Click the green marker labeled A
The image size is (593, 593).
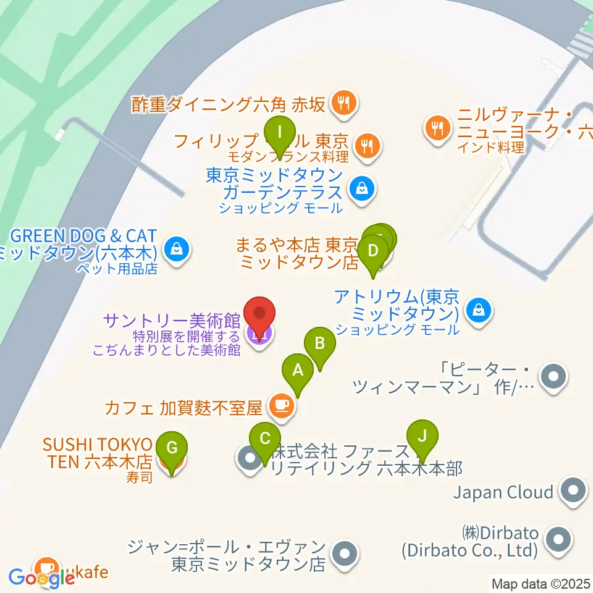(298, 371)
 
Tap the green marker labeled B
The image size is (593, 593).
(319, 343)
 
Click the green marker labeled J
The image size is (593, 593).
(423, 437)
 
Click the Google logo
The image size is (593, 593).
(42, 578)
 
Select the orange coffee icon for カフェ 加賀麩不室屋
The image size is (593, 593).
(282, 405)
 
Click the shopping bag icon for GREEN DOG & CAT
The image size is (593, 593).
(177, 250)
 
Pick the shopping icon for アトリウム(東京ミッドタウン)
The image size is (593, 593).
(479, 308)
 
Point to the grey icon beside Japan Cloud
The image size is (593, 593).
(572, 492)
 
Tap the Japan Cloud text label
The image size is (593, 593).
(503, 492)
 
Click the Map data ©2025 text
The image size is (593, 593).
(540, 583)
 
